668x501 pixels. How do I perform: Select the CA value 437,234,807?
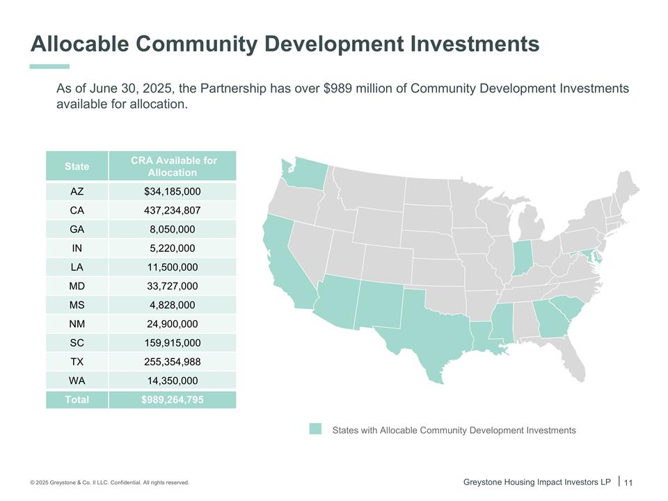(x=173, y=210)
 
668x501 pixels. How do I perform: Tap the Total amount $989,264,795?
(x=173, y=399)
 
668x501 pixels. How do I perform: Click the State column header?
(x=77, y=166)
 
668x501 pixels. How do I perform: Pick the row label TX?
(x=77, y=362)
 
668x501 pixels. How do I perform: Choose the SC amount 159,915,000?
(x=173, y=343)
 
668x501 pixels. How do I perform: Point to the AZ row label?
(x=77, y=191)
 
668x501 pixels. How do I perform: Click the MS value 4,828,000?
(x=173, y=305)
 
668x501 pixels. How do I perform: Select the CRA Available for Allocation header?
(x=173, y=166)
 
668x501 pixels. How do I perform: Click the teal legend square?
(x=315, y=429)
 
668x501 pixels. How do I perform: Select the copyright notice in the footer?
(x=109, y=483)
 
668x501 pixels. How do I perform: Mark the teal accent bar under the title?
(x=50, y=66)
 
